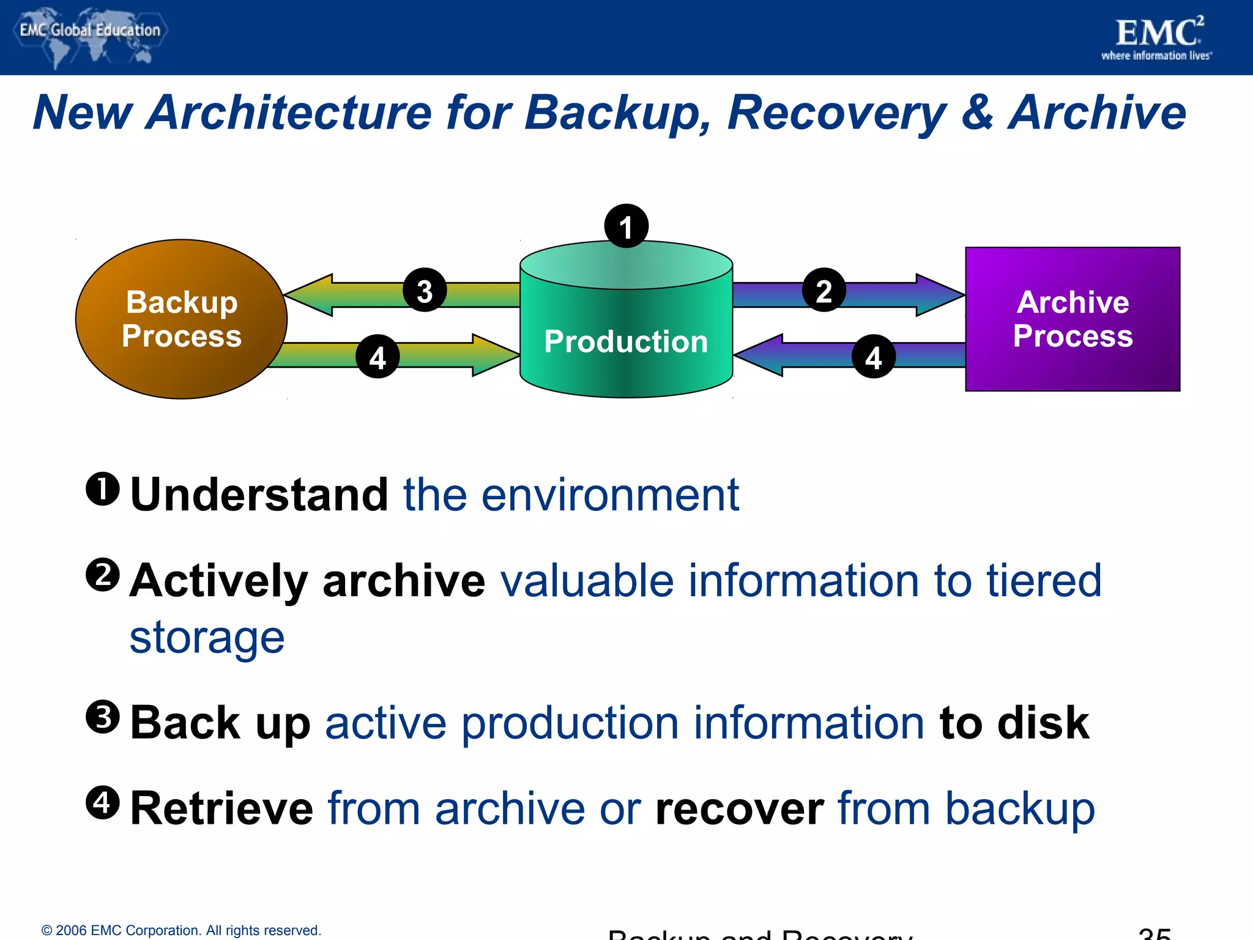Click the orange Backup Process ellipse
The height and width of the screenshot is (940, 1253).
[x=181, y=319]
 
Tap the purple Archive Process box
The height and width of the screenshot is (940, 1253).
[x=1072, y=319]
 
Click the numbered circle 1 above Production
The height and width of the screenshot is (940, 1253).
[x=626, y=226]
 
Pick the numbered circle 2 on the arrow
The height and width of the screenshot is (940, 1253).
[x=824, y=290]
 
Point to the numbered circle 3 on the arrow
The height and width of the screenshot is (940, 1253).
[x=425, y=290]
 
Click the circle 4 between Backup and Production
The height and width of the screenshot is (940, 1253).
[x=377, y=356]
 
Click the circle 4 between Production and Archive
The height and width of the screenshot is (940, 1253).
[x=873, y=356]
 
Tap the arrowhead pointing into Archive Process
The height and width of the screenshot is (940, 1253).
[x=939, y=295]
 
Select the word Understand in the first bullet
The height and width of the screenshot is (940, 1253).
[x=259, y=494]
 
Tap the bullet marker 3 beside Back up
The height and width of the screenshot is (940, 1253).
[x=103, y=717]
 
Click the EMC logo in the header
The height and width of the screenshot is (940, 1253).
[x=1158, y=37]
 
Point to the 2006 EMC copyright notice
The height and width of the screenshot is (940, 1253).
[x=181, y=930]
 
